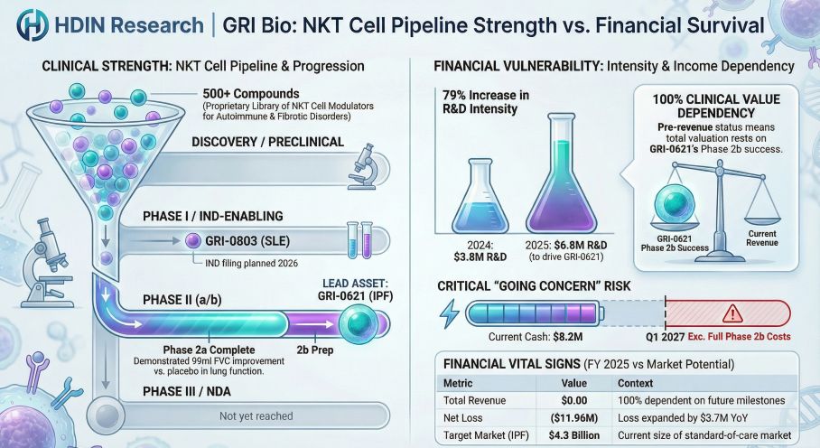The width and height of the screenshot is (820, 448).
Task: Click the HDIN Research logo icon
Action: [x=33, y=25]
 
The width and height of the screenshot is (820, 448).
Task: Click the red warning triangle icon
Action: [x=723, y=313]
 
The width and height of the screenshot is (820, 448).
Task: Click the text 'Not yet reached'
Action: [x=256, y=415]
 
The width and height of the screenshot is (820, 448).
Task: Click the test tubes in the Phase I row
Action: [x=360, y=238]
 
